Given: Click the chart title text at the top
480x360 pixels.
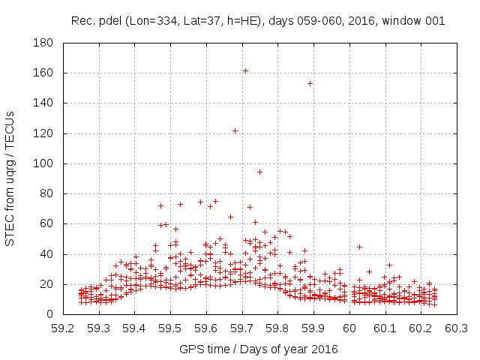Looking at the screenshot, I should click(258, 21).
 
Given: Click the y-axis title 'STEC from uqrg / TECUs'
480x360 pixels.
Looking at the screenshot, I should click(10, 178).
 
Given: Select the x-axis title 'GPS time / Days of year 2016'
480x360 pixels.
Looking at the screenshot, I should click(258, 349).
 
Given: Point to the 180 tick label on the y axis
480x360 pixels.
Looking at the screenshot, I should click(43, 43).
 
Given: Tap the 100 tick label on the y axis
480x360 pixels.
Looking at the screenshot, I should click(43, 163).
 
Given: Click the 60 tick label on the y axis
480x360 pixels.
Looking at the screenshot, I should click(46, 223).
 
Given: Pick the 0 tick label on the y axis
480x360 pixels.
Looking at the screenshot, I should click(49, 314).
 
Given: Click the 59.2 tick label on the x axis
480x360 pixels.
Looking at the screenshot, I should click(63, 328).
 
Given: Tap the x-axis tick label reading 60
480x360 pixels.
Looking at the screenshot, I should click(349, 328).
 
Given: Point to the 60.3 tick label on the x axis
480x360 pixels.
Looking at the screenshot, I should click(455, 328).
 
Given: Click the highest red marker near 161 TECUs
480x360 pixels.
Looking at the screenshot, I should click(245, 70).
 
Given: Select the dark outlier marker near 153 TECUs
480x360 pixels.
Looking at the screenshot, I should click(310, 83).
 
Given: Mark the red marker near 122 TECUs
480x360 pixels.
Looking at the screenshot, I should click(235, 130).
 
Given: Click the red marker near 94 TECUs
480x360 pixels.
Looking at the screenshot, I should click(259, 172).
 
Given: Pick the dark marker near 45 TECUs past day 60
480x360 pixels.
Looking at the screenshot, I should click(359, 247).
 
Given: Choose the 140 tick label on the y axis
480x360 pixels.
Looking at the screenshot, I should click(43, 103).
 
